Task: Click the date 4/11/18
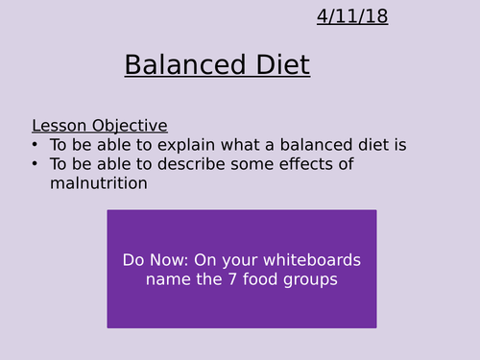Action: pyautogui.click(x=352, y=16)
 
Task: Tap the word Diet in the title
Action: pyautogui.click(x=279, y=65)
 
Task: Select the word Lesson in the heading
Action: pyautogui.click(x=58, y=126)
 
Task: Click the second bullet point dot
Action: pyautogui.click(x=36, y=164)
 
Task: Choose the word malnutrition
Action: pyautogui.click(x=99, y=182)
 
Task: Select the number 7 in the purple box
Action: pyautogui.click(x=215, y=279)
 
